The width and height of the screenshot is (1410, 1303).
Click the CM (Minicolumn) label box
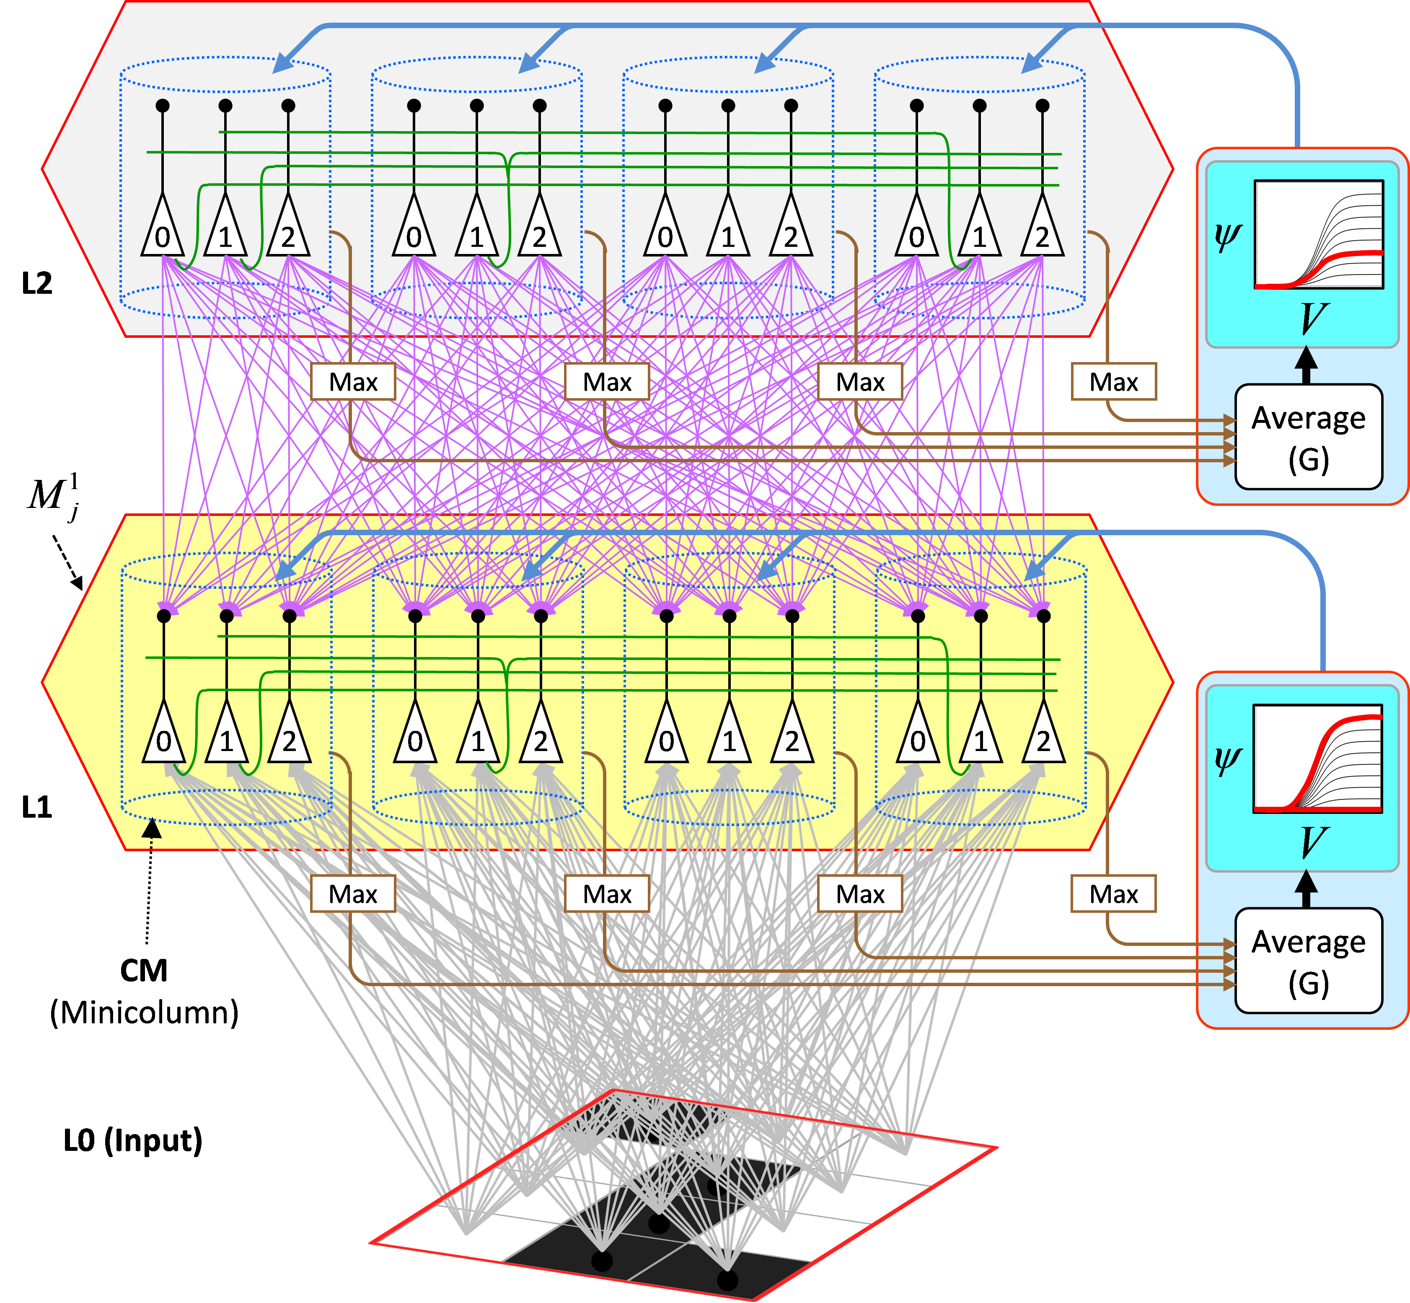pos(144,991)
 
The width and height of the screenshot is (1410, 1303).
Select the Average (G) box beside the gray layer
pos(1308,436)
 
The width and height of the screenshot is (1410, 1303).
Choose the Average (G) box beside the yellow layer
pos(1308,960)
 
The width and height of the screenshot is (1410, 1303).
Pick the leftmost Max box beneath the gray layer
pos(353,382)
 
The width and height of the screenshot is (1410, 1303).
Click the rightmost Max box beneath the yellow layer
pos(1113,894)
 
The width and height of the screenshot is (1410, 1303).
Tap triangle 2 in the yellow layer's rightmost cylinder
pos(1043,735)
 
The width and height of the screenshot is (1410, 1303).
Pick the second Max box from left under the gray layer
pos(607,382)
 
